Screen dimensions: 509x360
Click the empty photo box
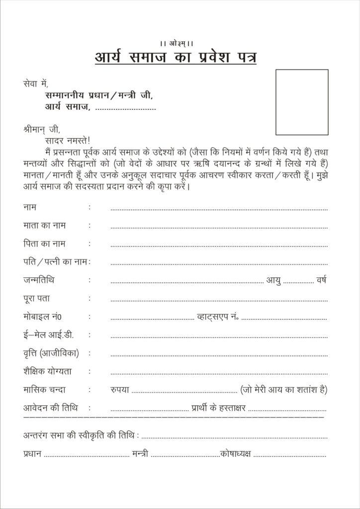pyautogui.click(x=302, y=102)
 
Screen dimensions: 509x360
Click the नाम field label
pyautogui.click(x=30, y=206)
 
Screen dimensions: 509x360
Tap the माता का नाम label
pyautogui.click(x=44, y=225)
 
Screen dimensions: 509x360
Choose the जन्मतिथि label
pyautogui.click(x=39, y=280)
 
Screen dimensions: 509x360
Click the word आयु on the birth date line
pyautogui.click(x=273, y=280)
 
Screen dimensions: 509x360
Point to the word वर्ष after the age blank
pyautogui.click(x=321, y=280)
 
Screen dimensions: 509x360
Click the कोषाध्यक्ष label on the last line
pyautogui.click(x=236, y=453)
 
